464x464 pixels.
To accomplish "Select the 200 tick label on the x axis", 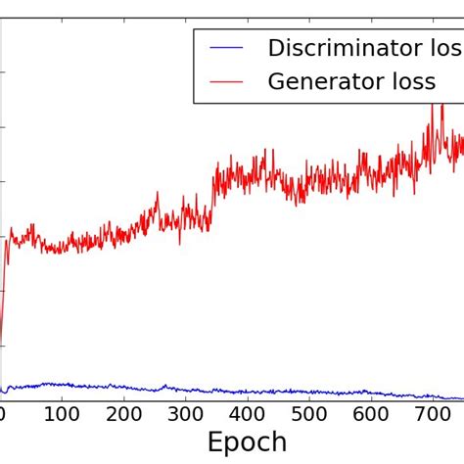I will (x=123, y=415).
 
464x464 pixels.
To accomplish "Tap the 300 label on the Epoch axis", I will (x=185, y=415).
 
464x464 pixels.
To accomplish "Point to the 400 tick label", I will (x=247, y=415).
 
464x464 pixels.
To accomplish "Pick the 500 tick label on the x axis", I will (x=308, y=415).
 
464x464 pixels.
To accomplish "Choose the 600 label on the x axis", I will (x=370, y=415).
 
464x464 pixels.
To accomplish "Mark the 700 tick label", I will (x=432, y=415).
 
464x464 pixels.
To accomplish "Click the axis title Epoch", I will (x=247, y=443).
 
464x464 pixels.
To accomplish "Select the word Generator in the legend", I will (x=324, y=82).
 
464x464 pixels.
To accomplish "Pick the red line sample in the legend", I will (x=226, y=83).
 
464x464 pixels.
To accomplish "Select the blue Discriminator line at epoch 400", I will (x=247, y=392).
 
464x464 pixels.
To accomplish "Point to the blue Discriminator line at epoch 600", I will (x=370, y=393).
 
